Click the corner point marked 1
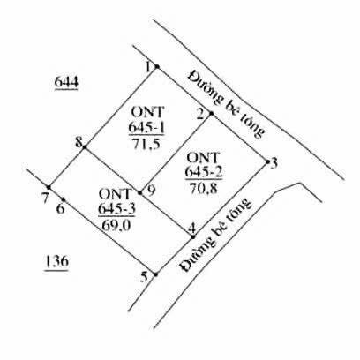(157, 67)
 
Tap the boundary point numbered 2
(211, 113)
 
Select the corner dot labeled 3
(267, 161)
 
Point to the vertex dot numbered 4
(193, 236)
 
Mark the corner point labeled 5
(155, 274)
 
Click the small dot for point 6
(63, 199)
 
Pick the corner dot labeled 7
(49, 187)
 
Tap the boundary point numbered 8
(85, 146)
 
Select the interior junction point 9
(139, 193)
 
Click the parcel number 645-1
(146, 128)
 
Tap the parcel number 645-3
(116, 209)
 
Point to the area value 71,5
(146, 144)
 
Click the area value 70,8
(204, 188)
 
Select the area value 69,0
(116, 226)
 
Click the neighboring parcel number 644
(66, 82)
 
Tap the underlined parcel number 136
(56, 261)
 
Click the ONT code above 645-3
(115, 194)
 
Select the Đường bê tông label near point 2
(225, 103)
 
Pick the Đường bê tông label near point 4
(216, 236)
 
